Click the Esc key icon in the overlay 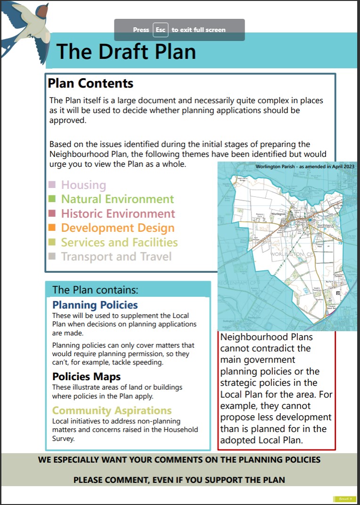coord(160,30)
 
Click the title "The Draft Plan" coord(126,51)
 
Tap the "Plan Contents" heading coord(90,84)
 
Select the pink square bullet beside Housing coord(52,184)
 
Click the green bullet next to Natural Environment coord(52,199)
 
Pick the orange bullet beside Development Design coord(52,228)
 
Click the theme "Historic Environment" coord(118,213)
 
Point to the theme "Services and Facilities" coord(119,242)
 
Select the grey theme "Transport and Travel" coord(116,257)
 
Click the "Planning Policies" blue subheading coord(95,305)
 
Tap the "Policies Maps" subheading coord(86,377)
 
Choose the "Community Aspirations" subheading coord(112,410)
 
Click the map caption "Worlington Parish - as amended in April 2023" coord(305,166)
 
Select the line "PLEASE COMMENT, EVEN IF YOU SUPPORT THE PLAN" coord(179,481)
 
